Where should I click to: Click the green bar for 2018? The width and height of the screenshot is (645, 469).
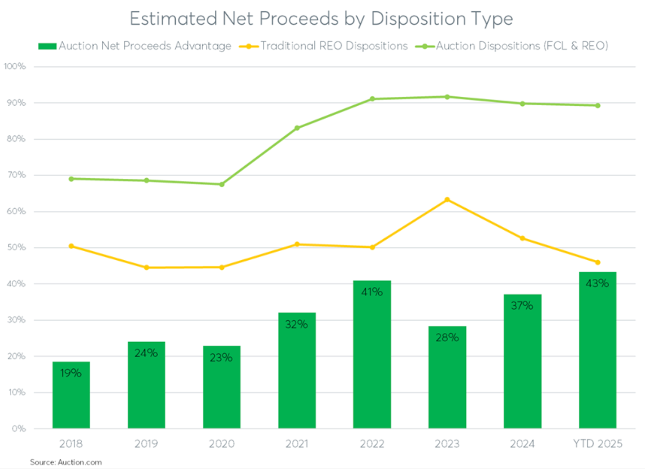(71, 395)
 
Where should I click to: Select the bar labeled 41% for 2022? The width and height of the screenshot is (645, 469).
(372, 354)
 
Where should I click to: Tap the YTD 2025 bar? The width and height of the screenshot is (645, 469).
(597, 350)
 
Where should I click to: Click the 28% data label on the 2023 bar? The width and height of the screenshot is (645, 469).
(447, 338)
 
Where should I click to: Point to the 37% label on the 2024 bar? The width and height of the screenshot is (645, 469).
(522, 306)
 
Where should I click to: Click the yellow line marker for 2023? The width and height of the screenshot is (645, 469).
(447, 200)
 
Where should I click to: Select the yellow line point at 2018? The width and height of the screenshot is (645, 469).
(71, 246)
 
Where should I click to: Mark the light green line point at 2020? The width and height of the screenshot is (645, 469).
(222, 184)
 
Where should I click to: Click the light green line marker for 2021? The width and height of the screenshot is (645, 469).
(297, 128)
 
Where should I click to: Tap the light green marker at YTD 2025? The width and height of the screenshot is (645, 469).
(597, 106)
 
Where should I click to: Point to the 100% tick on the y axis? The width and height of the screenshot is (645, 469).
(15, 66)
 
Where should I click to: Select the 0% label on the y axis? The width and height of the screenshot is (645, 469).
(18, 428)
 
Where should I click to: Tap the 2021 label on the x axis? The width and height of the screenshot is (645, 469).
(297, 444)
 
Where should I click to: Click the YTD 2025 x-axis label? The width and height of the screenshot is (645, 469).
(597, 444)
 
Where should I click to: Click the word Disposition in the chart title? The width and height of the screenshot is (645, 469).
(418, 19)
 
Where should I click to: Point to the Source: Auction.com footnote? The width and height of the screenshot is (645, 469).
(66, 462)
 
